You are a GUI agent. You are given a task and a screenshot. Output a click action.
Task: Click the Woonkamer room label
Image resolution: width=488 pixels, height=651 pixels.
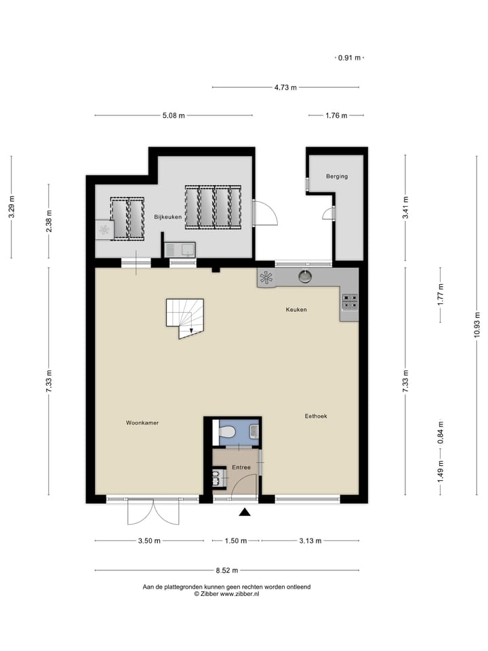click(142, 422)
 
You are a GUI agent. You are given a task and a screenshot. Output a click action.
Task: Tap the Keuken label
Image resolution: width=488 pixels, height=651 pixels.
click(296, 310)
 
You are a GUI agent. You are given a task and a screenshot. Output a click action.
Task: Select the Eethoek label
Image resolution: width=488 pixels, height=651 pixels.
click(316, 416)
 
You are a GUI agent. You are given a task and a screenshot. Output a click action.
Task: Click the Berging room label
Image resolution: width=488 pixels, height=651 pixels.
click(336, 176)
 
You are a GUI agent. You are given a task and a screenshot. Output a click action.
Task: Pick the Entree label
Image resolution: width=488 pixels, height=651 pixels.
click(241, 467)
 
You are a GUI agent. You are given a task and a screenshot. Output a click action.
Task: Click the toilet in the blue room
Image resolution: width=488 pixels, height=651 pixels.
click(228, 431)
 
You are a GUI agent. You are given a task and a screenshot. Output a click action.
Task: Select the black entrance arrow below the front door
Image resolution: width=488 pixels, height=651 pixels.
click(245, 513)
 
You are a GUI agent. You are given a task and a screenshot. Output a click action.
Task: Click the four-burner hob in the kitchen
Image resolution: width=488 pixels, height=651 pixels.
click(350, 301)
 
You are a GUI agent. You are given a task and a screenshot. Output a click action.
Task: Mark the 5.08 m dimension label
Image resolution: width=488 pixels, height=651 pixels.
click(174, 116)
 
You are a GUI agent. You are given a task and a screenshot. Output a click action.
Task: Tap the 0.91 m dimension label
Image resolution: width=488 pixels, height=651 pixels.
click(349, 58)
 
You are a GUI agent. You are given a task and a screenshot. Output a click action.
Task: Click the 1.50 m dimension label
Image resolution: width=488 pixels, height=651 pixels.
click(232, 541)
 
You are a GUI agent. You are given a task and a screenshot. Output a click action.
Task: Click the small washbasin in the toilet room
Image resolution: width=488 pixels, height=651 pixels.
click(253, 431)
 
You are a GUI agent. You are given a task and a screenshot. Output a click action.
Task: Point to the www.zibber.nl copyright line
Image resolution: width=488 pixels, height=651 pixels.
click(227, 593)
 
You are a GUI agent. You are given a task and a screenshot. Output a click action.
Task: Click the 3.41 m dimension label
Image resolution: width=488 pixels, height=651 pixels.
click(405, 205)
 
